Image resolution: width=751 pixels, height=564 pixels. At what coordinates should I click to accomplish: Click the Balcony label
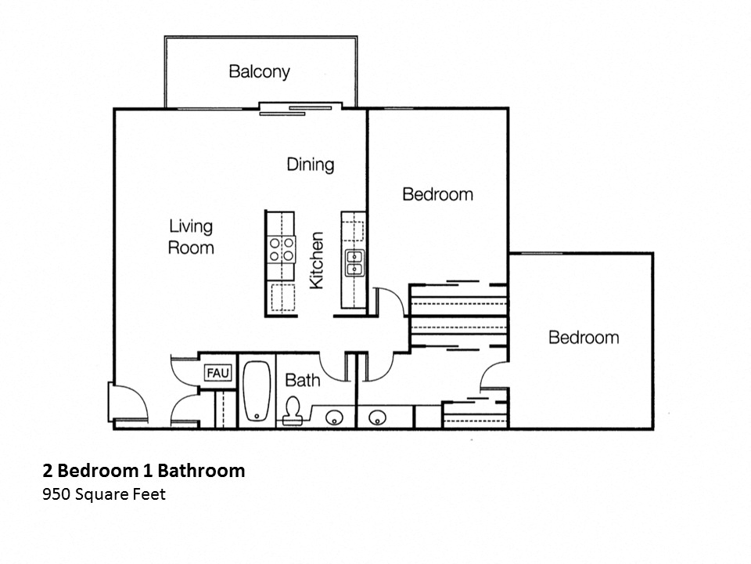pyautogui.click(x=259, y=72)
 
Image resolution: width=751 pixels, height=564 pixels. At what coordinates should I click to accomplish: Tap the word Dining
pyautogui.click(x=310, y=164)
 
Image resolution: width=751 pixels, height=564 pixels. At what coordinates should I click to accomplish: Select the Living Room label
pyautogui.click(x=191, y=237)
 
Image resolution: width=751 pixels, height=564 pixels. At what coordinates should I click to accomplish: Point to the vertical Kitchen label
pyautogui.click(x=317, y=260)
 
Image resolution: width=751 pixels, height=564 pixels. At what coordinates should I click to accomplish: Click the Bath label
pyautogui.click(x=302, y=381)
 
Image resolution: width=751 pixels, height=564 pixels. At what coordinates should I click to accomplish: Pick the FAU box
pyautogui.click(x=217, y=374)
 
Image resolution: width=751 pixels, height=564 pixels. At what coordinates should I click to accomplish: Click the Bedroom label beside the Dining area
pyautogui.click(x=437, y=194)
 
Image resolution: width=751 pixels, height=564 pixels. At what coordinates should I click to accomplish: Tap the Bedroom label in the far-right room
pyautogui.click(x=583, y=338)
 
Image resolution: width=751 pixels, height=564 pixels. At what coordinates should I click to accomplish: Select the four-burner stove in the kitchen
pyautogui.click(x=282, y=249)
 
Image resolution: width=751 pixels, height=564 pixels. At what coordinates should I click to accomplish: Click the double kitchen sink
pyautogui.click(x=354, y=262)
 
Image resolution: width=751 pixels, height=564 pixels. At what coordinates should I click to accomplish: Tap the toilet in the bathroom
pyautogui.click(x=293, y=410)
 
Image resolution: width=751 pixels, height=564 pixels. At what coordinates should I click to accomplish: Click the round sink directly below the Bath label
pyautogui.click(x=334, y=417)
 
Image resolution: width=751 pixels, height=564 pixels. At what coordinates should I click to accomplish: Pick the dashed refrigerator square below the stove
pyautogui.click(x=282, y=298)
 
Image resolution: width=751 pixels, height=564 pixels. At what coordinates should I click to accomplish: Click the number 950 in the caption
pyautogui.click(x=56, y=494)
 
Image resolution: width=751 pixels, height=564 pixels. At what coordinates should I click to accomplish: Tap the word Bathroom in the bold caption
pyautogui.click(x=201, y=471)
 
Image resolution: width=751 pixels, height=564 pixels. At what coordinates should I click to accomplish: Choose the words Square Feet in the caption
pyautogui.click(x=120, y=494)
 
